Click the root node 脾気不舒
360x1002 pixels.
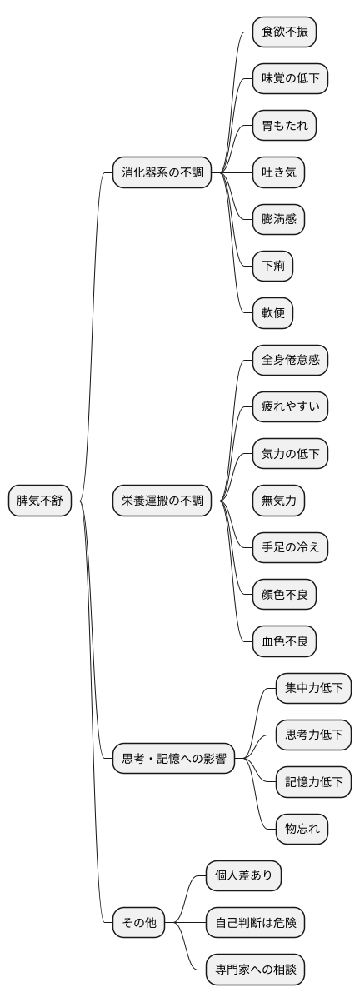[x=41, y=501]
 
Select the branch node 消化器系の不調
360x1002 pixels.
[x=162, y=173]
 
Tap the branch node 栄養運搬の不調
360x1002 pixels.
[x=162, y=501]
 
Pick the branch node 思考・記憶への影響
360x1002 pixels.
[x=174, y=758]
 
